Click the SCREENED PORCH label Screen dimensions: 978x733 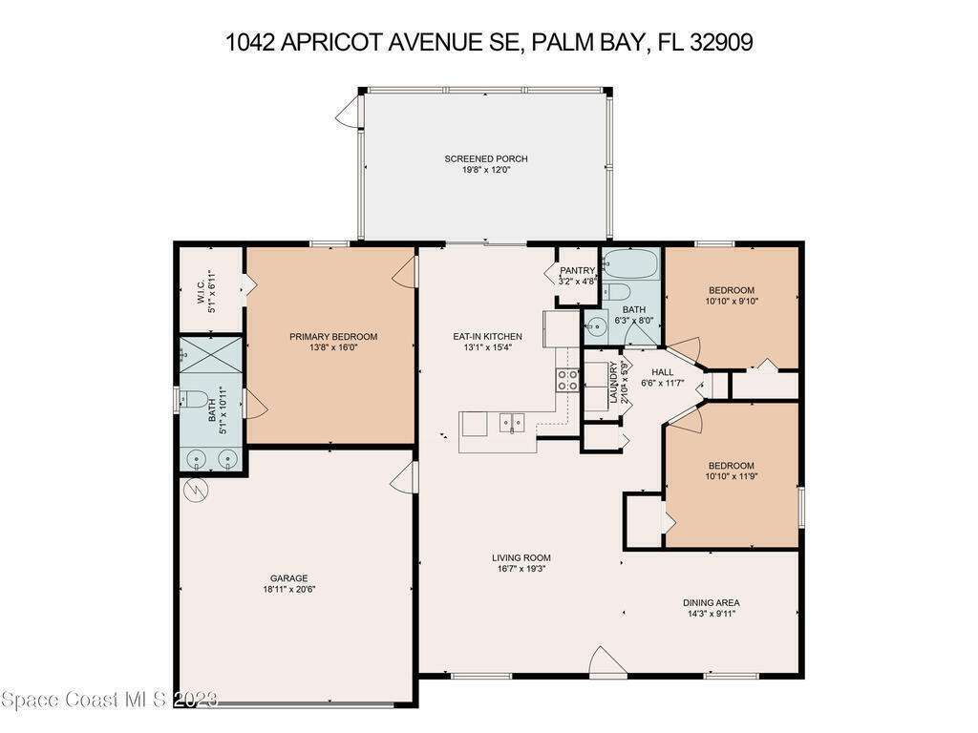click(486, 159)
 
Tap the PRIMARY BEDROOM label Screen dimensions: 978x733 click(333, 337)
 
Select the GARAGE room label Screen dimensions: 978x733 click(288, 578)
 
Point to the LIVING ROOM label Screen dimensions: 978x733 click(521, 557)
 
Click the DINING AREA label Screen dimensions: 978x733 click(711, 603)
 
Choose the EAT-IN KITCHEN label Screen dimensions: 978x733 click(487, 337)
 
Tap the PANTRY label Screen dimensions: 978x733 click(577, 270)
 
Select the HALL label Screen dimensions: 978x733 click(663, 372)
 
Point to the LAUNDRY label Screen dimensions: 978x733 click(613, 382)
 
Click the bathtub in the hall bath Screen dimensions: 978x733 click(631, 263)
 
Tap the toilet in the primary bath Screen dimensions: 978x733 click(194, 398)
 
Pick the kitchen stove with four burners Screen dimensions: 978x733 click(567, 380)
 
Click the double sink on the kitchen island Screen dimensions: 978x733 click(512, 423)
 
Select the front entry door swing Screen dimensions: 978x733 click(608, 660)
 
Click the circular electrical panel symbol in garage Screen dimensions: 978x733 click(196, 490)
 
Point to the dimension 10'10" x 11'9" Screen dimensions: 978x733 click(731, 477)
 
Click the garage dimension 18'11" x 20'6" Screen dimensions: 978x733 click(288, 590)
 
